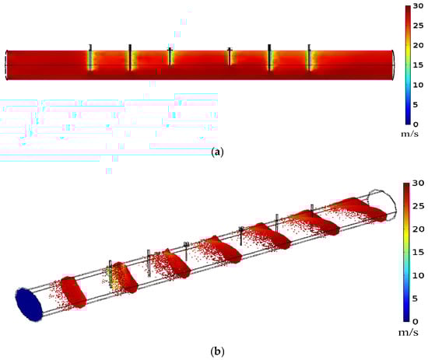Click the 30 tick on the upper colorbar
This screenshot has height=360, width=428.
pyautogui.click(x=418, y=6)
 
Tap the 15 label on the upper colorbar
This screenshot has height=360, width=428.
pyautogui.click(x=418, y=65)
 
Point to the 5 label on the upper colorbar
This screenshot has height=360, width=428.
pyautogui.click(x=416, y=105)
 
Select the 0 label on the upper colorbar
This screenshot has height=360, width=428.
pyautogui.click(x=416, y=124)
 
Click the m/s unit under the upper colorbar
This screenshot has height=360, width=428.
pyautogui.click(x=409, y=134)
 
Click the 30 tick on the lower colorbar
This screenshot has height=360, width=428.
pyautogui.click(x=418, y=183)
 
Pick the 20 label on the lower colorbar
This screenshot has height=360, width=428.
pyautogui.click(x=418, y=229)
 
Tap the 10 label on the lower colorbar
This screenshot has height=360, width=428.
pyautogui.click(x=418, y=275)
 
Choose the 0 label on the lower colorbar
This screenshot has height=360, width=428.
pyautogui.click(x=416, y=322)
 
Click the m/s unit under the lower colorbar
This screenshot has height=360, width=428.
pyautogui.click(x=409, y=333)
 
